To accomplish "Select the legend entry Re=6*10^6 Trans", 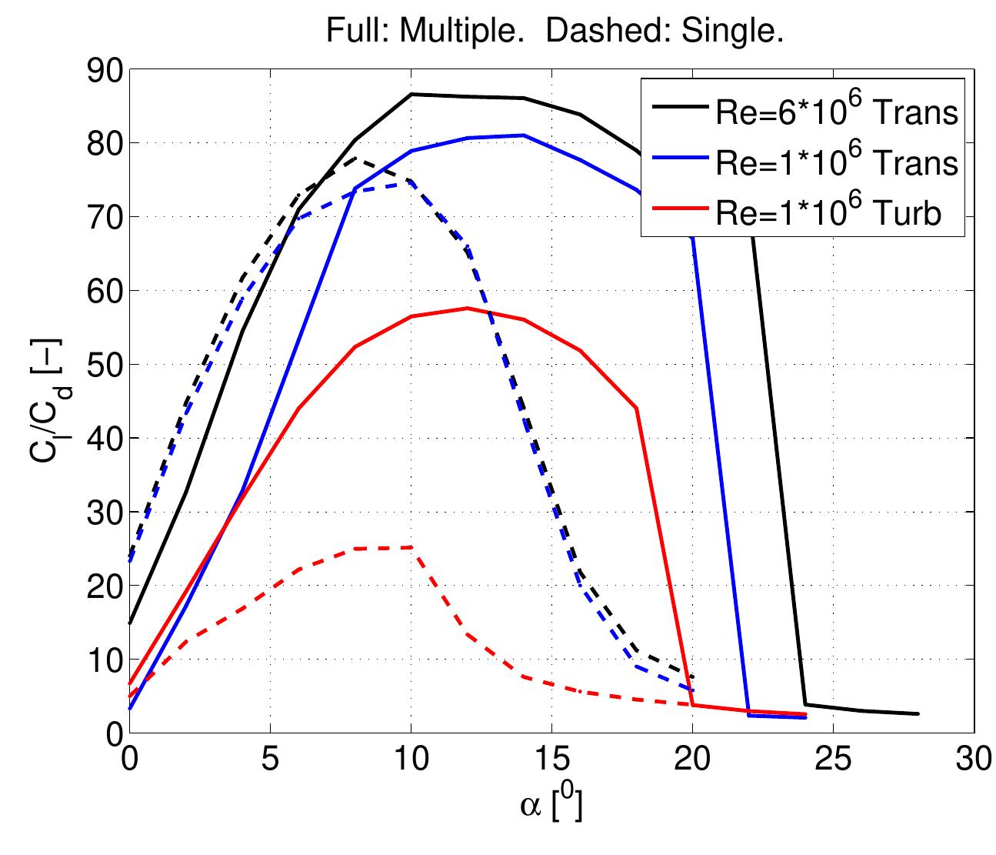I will point(836,112).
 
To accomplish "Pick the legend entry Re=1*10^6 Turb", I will point(828,213).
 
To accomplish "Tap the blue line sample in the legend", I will point(676,162).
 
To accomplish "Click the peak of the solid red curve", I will point(467,308).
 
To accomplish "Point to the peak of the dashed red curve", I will point(411,547).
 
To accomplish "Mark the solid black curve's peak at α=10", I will point(411,94).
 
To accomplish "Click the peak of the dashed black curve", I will point(355,159).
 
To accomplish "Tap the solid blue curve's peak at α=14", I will point(523,135).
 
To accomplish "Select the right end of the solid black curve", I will point(918,713).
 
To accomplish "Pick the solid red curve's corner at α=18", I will point(636,408).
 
